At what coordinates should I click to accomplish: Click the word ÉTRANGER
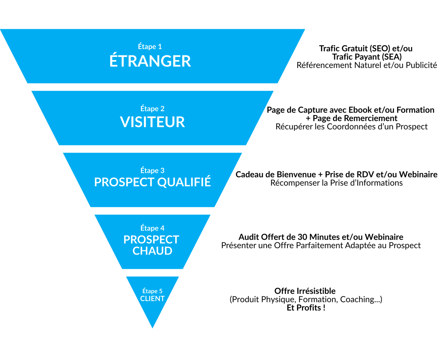(150, 61)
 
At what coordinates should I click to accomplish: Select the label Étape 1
(150, 47)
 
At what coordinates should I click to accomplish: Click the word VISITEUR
(152, 122)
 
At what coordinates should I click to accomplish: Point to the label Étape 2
(152, 109)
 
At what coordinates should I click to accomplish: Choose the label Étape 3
(152, 171)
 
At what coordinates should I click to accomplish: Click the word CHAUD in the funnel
(152, 251)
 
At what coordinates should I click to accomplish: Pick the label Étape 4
(152, 228)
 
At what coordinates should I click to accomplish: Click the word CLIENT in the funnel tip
(152, 299)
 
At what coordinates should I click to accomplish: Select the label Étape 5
(152, 291)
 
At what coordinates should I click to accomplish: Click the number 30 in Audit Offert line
(302, 237)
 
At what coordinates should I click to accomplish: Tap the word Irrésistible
(316, 291)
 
